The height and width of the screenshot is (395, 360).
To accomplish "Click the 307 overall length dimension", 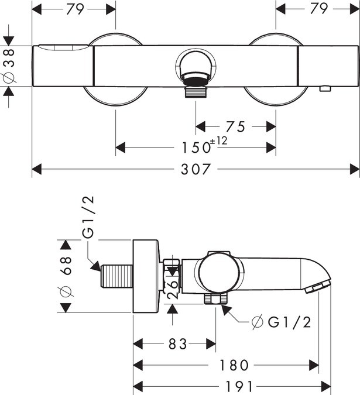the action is tap(196, 169).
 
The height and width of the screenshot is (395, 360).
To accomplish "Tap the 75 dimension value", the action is tap(235, 127).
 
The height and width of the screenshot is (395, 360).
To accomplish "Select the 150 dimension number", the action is tap(196, 147).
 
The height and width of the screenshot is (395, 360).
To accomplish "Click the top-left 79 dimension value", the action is tap(75, 9).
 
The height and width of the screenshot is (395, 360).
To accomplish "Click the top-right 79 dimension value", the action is tap(319, 9).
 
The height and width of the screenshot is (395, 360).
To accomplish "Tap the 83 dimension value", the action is tap(177, 344).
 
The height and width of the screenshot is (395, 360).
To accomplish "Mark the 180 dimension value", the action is tap(234, 365).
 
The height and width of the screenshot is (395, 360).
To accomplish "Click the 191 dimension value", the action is tap(239, 386).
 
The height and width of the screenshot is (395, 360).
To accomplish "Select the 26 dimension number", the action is tap(172, 290).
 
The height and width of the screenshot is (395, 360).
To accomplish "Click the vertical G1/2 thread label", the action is tap(88, 217).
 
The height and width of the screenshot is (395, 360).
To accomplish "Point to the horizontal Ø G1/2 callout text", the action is tap(282, 322).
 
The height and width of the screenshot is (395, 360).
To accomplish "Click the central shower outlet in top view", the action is tap(196, 74).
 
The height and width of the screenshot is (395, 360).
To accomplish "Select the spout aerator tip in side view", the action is tap(317, 287).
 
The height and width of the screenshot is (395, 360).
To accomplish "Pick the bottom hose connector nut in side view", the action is tap(216, 299).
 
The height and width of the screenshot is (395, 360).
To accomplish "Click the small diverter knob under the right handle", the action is tap(325, 89).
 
